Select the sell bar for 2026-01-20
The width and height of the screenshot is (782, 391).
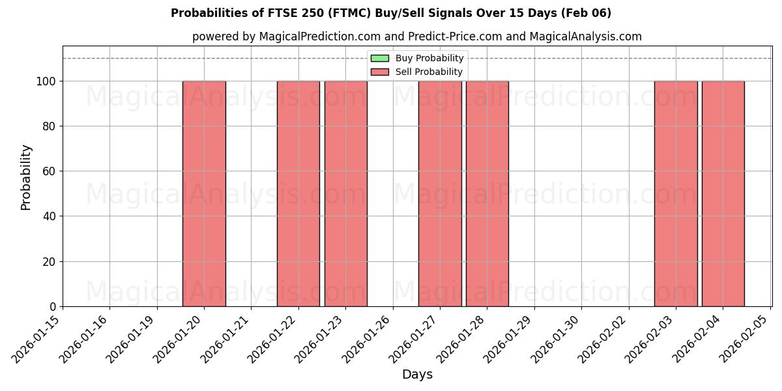tap(204, 194)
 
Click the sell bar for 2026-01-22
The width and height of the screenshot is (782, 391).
tap(298, 194)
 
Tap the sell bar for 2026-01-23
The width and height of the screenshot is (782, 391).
tap(345, 194)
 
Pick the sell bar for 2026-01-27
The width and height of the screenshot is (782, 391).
tap(440, 194)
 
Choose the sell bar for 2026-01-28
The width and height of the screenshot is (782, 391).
tap(487, 194)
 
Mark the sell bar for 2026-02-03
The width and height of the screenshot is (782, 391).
tap(676, 194)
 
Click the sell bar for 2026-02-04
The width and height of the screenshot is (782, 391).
tap(723, 194)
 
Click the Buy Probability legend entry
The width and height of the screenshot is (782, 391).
tap(417, 59)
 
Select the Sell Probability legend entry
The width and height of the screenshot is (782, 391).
tap(417, 72)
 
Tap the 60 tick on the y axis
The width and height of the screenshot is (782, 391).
tap(51, 171)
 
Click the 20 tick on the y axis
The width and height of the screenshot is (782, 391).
tap(51, 262)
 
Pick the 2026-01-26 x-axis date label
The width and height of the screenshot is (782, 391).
tap(368, 339)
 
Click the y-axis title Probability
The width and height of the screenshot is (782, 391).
tap(26, 177)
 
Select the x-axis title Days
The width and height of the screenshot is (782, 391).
tap(417, 375)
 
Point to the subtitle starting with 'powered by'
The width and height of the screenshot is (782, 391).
tap(417, 36)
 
